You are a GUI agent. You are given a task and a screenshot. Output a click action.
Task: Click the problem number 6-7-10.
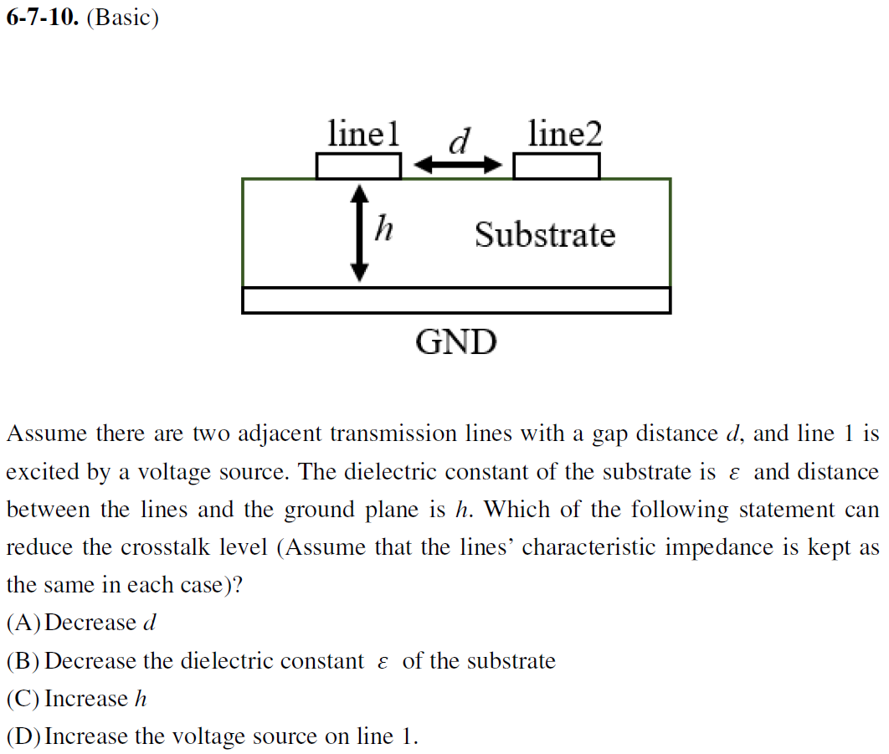tap(42, 18)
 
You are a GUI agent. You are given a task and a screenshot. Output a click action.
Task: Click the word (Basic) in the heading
tap(122, 18)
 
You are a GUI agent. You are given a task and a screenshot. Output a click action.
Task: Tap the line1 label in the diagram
tap(363, 134)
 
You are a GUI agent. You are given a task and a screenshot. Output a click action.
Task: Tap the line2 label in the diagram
tap(565, 134)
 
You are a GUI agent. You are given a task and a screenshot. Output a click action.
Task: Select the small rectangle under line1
tap(358, 167)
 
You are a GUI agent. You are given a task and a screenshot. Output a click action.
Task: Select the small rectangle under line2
tap(556, 167)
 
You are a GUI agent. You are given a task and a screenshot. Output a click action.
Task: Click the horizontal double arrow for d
tap(457, 166)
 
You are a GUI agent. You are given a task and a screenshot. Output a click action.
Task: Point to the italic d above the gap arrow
tap(458, 141)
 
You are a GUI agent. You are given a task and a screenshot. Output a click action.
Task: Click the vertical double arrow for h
tap(359, 233)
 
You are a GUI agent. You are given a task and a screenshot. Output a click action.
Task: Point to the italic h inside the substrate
tap(384, 227)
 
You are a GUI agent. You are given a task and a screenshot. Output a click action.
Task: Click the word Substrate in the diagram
tap(544, 234)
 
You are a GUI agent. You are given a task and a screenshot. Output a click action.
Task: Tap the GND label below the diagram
tap(456, 342)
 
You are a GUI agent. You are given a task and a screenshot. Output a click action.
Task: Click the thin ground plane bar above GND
tap(456, 300)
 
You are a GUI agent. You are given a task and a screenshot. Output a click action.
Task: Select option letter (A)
tap(23, 623)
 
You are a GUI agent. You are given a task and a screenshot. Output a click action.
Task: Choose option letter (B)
tap(23, 661)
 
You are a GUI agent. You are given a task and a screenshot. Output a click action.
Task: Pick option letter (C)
tap(23, 699)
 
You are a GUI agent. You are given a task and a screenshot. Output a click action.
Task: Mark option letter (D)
tap(23, 736)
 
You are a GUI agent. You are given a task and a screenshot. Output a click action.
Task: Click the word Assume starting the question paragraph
tap(46, 434)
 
